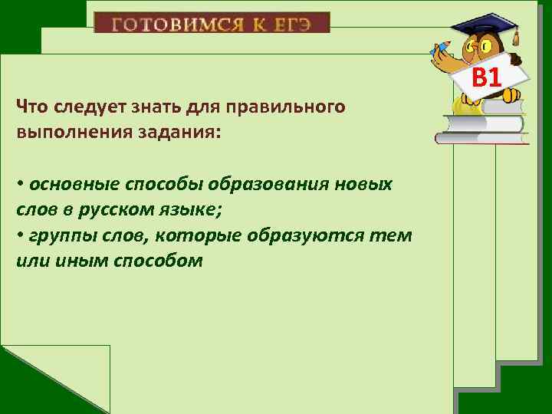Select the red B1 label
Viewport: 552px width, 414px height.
click(x=486, y=77)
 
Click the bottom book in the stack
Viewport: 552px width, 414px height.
click(x=481, y=138)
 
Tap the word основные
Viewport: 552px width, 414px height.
click(x=71, y=185)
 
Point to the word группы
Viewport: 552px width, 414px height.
click(x=58, y=235)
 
